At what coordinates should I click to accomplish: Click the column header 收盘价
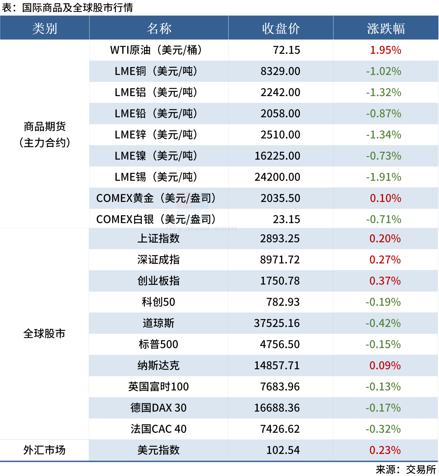pos(281,28)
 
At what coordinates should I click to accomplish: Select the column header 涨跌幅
pos(386,28)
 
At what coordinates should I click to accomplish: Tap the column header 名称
pos(159,28)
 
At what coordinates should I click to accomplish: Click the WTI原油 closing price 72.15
pos(286,50)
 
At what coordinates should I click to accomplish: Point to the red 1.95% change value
pos(385,50)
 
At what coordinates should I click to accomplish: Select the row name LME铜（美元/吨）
pos(156,71)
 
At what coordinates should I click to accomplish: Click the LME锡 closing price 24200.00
pos(277,177)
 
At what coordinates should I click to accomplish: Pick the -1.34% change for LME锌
pos(384,135)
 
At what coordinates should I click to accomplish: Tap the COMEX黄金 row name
pos(156,198)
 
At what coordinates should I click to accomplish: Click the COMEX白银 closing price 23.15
pos(286,220)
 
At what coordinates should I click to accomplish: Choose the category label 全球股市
pos(44,334)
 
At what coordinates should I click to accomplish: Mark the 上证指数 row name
pos(158,239)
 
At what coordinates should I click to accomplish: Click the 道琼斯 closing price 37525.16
pos(277,323)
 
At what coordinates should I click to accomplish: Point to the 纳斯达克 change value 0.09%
pos(385,365)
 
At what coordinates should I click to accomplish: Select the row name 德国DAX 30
pos(158,408)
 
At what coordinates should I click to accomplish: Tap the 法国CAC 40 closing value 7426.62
pos(280,429)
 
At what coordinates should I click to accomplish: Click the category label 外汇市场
pos(44,450)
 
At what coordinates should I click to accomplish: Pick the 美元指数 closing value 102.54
pos(283,450)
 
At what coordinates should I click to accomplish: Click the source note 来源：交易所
pos(406,469)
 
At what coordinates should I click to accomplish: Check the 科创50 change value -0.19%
pos(383,302)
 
